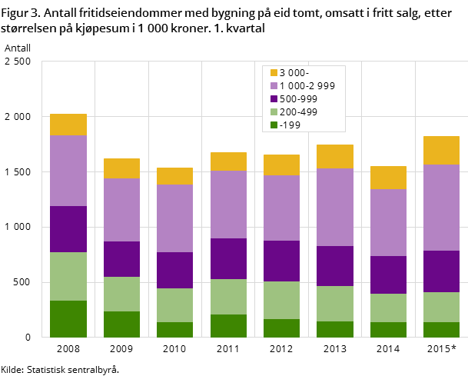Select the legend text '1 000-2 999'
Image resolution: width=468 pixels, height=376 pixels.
(x=307, y=86)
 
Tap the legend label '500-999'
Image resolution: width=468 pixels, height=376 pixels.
(x=298, y=99)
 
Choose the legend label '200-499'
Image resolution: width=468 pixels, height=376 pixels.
(x=298, y=112)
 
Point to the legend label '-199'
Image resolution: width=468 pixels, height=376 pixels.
(x=290, y=125)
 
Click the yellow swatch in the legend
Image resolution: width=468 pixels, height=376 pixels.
(x=274, y=73)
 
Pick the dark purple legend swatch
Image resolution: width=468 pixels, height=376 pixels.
(x=274, y=99)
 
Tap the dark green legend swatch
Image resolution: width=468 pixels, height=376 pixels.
(x=274, y=125)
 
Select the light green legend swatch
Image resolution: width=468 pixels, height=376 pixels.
(x=274, y=112)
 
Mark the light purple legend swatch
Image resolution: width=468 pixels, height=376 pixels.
(x=274, y=86)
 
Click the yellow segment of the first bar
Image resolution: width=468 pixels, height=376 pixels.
(x=68, y=125)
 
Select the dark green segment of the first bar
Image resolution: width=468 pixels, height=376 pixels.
(x=68, y=319)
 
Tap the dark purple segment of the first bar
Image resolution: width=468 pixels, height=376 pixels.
(x=68, y=229)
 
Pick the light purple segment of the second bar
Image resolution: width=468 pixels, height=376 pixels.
(x=121, y=210)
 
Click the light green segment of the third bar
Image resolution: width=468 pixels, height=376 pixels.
(x=174, y=305)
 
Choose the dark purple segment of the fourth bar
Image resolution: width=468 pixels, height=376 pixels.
(x=228, y=258)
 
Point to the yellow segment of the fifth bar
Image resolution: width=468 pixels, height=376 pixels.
(x=281, y=165)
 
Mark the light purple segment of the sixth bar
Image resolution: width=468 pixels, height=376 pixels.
(x=335, y=208)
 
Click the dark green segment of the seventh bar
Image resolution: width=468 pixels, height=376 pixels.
(x=388, y=330)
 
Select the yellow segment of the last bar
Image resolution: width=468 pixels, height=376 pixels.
(x=441, y=150)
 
